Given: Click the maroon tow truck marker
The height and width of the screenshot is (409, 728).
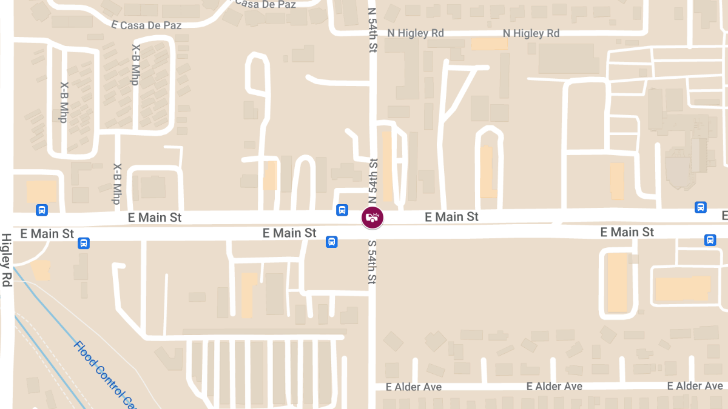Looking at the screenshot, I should pos(372,217).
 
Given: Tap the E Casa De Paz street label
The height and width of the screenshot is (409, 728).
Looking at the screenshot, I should pos(147,25).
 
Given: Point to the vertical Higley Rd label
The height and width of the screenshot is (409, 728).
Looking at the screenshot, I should pos(7,260).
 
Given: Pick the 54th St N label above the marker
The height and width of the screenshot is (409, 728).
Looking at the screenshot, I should pos(373,181).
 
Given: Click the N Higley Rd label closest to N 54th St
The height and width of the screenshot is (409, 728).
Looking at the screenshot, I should pos(416,33).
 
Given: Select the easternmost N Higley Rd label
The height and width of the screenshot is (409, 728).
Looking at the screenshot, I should pos(531,33).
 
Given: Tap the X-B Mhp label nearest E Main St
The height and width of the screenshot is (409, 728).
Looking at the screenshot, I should pos(116,184).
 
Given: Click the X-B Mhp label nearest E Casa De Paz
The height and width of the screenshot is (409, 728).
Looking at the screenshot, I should pos(135,64).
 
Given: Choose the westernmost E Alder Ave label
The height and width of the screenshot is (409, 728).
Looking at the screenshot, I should pos(414,387).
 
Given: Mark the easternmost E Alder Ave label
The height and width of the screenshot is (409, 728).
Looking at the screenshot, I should pos(695,386).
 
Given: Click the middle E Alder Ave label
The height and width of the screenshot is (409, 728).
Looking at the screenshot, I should pos(554,387).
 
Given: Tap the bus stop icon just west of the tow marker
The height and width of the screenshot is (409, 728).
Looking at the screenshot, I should pos(342,210).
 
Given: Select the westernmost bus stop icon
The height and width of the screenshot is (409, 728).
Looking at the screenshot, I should pos(42,210).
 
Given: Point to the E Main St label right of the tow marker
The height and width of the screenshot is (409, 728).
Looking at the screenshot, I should pos(452,216).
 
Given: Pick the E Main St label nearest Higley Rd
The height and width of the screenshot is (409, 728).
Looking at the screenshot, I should pos(47,233).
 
